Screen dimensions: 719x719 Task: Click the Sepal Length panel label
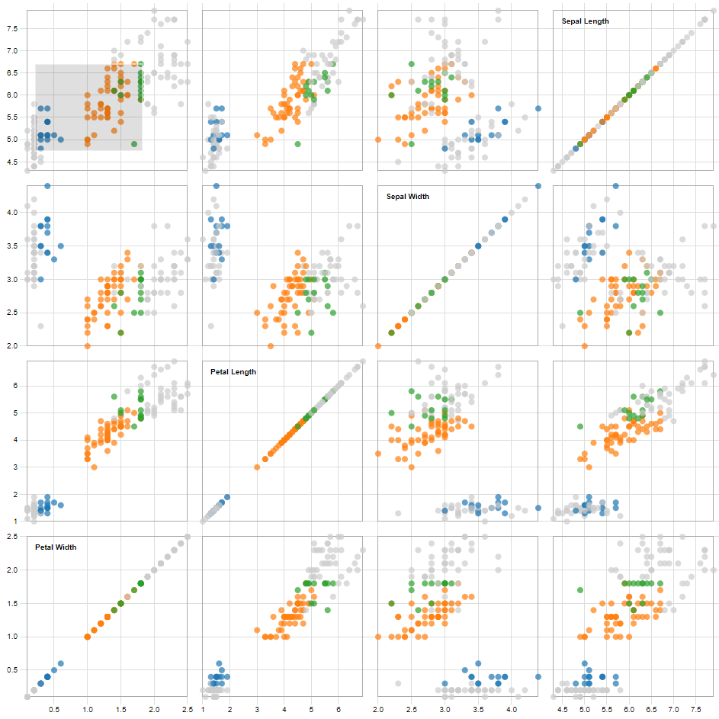point(585,21)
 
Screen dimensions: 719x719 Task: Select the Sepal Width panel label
point(409,197)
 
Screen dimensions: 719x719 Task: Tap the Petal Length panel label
point(233,372)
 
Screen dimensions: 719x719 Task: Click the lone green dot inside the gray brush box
point(134,144)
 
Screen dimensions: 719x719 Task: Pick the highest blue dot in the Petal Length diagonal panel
point(226,497)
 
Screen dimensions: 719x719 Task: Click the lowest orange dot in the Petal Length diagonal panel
point(257,467)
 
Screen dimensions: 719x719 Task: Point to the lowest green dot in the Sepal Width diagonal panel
point(392,332)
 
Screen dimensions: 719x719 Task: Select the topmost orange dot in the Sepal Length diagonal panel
point(656,68)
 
